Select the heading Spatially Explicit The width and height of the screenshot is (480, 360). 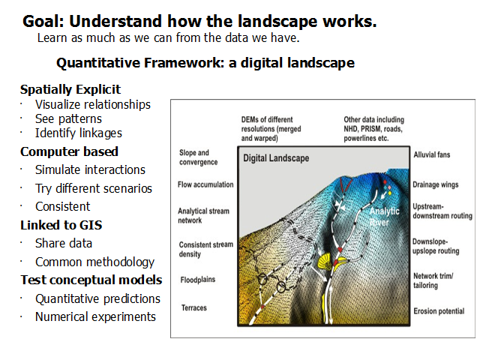click(70, 90)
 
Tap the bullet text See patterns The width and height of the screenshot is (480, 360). click(68, 118)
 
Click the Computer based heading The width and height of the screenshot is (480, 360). click(69, 151)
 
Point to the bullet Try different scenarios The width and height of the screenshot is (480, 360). click(93, 188)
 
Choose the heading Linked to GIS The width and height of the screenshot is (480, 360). click(61, 225)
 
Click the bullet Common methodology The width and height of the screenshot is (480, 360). click(94, 262)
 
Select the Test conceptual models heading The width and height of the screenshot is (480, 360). click(91, 280)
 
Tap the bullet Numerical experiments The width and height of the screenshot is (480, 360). click(95, 316)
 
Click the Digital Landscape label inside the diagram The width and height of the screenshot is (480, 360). click(276, 158)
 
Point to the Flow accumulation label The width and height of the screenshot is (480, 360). click(205, 184)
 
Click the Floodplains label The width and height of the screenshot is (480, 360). click(198, 280)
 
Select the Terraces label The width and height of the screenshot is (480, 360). click(193, 307)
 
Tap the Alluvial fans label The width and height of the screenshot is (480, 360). click(432, 154)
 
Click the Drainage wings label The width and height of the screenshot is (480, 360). click(435, 184)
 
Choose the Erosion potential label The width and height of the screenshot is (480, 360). click(439, 311)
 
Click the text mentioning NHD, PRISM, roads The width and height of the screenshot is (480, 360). click(373, 129)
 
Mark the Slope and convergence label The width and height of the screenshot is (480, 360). click(198, 157)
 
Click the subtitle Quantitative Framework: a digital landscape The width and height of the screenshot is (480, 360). click(205, 63)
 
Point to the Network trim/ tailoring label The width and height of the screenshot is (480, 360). click(433, 280)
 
